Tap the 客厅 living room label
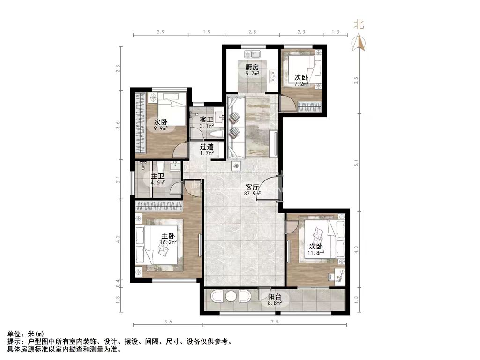pyautogui.click(x=252, y=187)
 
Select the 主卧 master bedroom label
pyautogui.click(x=168, y=236)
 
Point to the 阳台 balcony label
pyautogui.click(x=275, y=297)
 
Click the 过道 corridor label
pyautogui.click(x=207, y=146)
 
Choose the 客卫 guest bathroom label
pyautogui.click(x=207, y=119)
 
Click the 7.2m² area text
pyautogui.click(x=301, y=84)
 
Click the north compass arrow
pyautogui.click(x=360, y=43)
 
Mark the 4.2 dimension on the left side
pyautogui.click(x=118, y=239)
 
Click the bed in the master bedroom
pyautogui.click(x=157, y=244)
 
